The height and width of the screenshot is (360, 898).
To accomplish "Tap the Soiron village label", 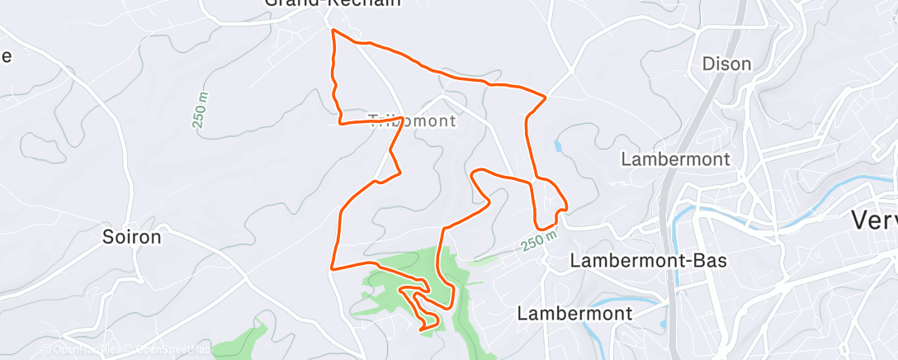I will pos(131,237).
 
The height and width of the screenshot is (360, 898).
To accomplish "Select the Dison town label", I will pos(725,64).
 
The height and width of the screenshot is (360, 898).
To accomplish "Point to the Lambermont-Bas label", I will pos(648,261).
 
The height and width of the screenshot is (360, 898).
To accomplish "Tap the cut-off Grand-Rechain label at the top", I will pos(333,3).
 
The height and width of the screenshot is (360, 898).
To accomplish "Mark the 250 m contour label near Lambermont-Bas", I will pos(538,240).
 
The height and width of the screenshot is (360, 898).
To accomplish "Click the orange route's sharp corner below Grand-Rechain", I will pos(333,31).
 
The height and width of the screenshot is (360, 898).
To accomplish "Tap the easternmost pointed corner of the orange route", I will pos(546,97).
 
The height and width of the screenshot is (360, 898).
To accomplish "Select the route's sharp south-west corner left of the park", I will pos(332,268).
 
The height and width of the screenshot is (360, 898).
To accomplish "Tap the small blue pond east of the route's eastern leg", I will pos(559,148).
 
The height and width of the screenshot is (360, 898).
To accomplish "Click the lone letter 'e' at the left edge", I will pos(6,56).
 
